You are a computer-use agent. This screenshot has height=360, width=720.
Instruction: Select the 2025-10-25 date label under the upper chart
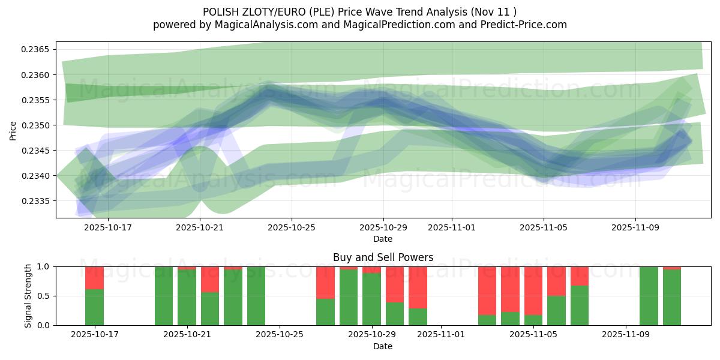[x=292, y=228]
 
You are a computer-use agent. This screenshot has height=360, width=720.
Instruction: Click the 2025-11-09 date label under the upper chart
[x=636, y=228]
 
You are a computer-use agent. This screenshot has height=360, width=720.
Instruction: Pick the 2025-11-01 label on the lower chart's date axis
[x=441, y=335]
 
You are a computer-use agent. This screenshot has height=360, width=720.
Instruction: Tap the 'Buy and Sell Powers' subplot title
[x=383, y=257]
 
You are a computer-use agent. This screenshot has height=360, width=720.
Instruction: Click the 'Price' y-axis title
[x=13, y=130]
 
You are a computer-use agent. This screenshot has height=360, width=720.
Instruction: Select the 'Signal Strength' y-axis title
[x=28, y=296]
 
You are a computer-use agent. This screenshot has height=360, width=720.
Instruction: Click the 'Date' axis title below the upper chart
[x=383, y=239]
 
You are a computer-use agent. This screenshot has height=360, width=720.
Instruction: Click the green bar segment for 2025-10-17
[x=94, y=307]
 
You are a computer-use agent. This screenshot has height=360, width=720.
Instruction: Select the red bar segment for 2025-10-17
[x=94, y=278]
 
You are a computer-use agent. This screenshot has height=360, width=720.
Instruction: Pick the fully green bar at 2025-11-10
[x=649, y=296]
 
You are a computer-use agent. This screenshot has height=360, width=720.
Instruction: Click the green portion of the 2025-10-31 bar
[x=418, y=317]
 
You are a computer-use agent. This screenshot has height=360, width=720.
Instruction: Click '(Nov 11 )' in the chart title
[x=494, y=11]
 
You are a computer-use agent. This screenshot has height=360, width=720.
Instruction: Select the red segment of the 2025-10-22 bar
[x=209, y=280]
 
